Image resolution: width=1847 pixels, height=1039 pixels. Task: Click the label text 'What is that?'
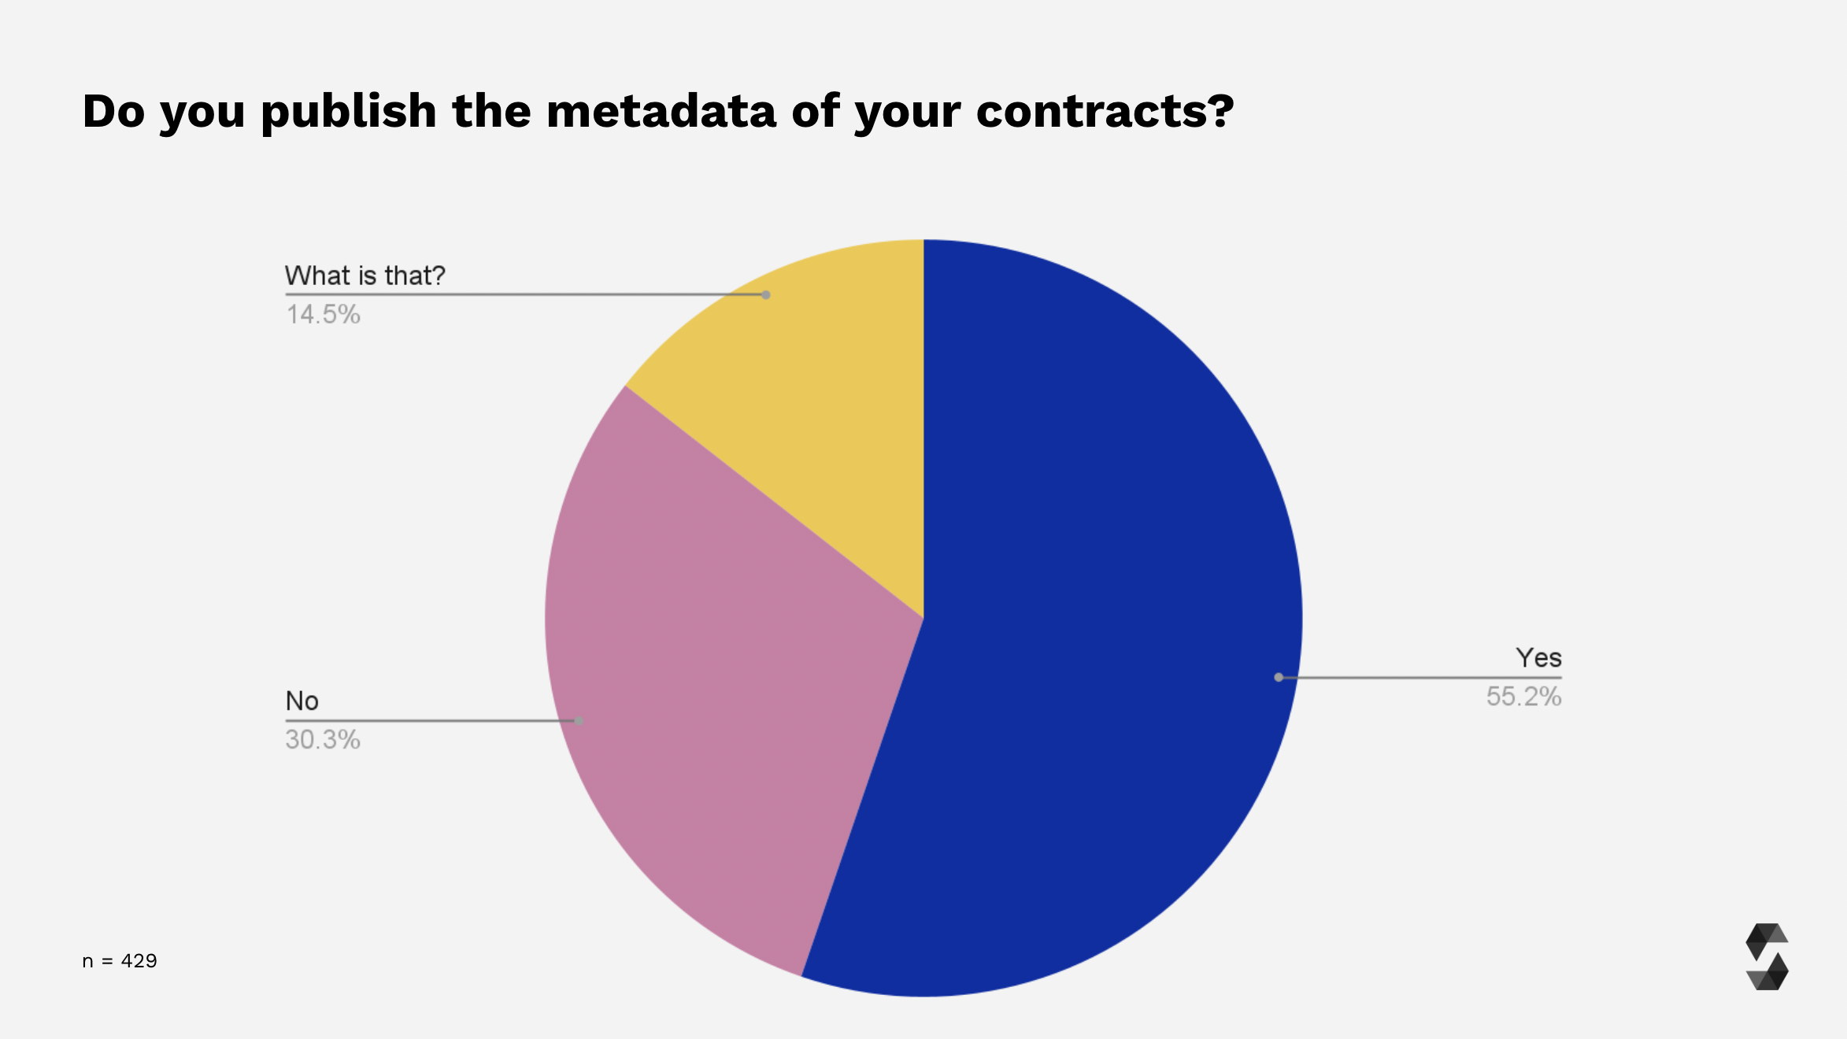[x=365, y=275]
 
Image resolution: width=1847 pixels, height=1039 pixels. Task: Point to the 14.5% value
[x=323, y=315]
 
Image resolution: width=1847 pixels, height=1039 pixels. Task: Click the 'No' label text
[x=302, y=701]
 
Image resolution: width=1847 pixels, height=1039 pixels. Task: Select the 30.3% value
[x=323, y=740]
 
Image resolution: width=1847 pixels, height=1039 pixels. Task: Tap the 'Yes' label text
[x=1538, y=657]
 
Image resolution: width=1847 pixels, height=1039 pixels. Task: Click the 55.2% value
[x=1523, y=697]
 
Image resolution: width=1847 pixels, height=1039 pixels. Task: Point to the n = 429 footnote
[x=120, y=961]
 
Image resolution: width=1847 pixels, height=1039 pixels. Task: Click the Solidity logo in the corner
[x=1767, y=956]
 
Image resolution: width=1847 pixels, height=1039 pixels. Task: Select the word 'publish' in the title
[x=349, y=111]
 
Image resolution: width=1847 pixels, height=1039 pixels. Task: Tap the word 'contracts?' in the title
[x=1105, y=111]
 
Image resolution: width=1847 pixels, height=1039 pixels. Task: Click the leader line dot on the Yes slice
[x=1279, y=677]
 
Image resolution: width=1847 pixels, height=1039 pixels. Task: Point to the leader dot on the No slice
[x=579, y=721]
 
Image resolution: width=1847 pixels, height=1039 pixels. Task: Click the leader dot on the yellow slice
[x=765, y=295]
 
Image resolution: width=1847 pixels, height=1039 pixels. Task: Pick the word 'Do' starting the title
[x=113, y=111]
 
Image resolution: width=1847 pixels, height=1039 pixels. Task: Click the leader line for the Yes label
[x=1417, y=677]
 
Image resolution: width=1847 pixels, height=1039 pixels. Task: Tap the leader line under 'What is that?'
[x=520, y=295]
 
